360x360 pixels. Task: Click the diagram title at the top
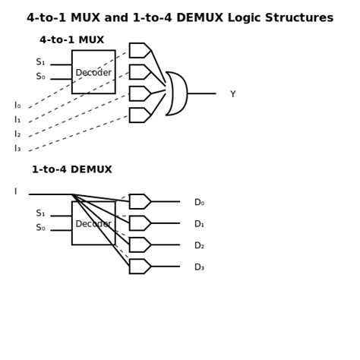[180, 17]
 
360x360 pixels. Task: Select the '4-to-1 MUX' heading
[72, 40]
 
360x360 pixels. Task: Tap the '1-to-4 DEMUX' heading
[72, 170]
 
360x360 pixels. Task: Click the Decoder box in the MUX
[93, 72]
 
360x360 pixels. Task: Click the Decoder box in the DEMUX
[93, 223]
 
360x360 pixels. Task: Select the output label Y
[232, 94]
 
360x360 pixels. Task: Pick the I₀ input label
[17, 106]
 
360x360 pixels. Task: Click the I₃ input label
[17, 149]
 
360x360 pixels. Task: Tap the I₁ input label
[17, 120]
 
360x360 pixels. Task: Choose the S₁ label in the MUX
[40, 62]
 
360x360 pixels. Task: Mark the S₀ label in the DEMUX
[40, 228]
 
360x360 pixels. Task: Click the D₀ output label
[199, 203]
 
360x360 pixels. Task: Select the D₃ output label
[199, 267]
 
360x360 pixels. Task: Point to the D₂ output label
[199, 246]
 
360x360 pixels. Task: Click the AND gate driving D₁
[140, 223]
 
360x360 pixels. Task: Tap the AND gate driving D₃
[140, 267]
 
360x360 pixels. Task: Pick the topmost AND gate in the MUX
[140, 51]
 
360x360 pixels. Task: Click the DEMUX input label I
[15, 192]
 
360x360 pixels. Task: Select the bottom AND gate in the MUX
[140, 115]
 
